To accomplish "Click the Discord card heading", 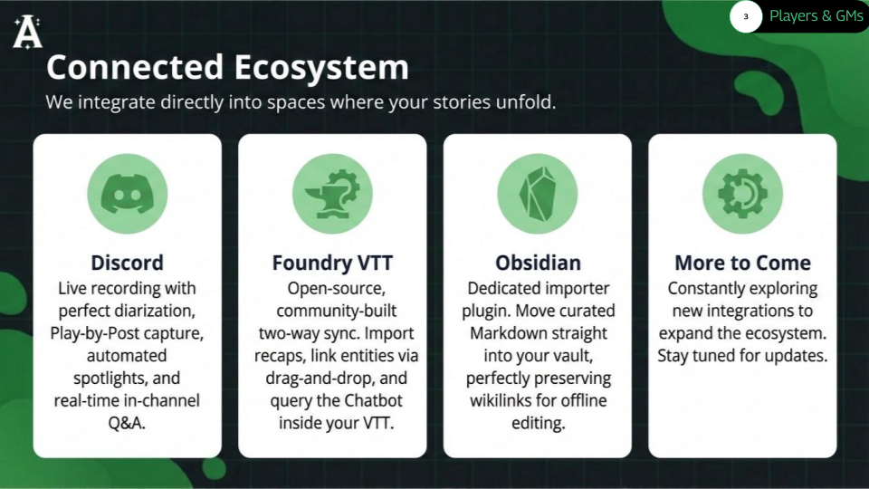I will pyautogui.click(x=128, y=263).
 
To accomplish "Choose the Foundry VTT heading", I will pyautogui.click(x=332, y=263).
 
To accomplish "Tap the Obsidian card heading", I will pyautogui.click(x=538, y=263).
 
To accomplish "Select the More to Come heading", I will pyautogui.click(x=742, y=263).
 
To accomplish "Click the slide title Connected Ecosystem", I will pyautogui.click(x=227, y=67).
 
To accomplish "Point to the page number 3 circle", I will pyautogui.click(x=746, y=16).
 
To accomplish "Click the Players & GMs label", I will pyautogui.click(x=816, y=16).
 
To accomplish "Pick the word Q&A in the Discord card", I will pyautogui.click(x=128, y=423).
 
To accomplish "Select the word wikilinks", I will pyautogui.click(x=503, y=400).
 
